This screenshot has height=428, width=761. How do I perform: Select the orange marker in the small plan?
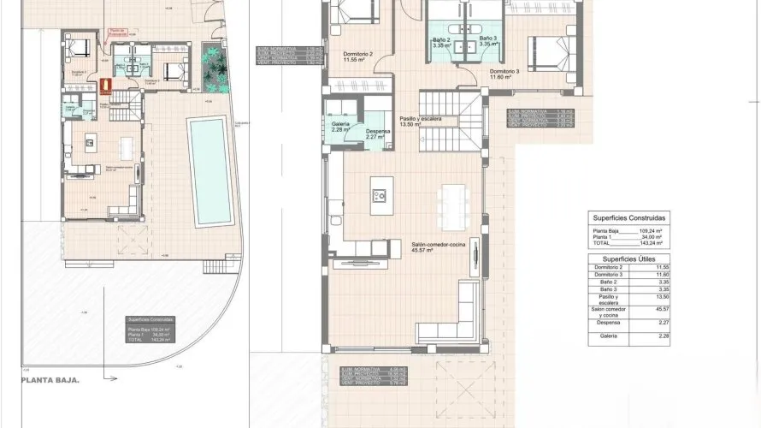tap(106, 86)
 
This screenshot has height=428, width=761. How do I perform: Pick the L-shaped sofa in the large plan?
tap(454, 318)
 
